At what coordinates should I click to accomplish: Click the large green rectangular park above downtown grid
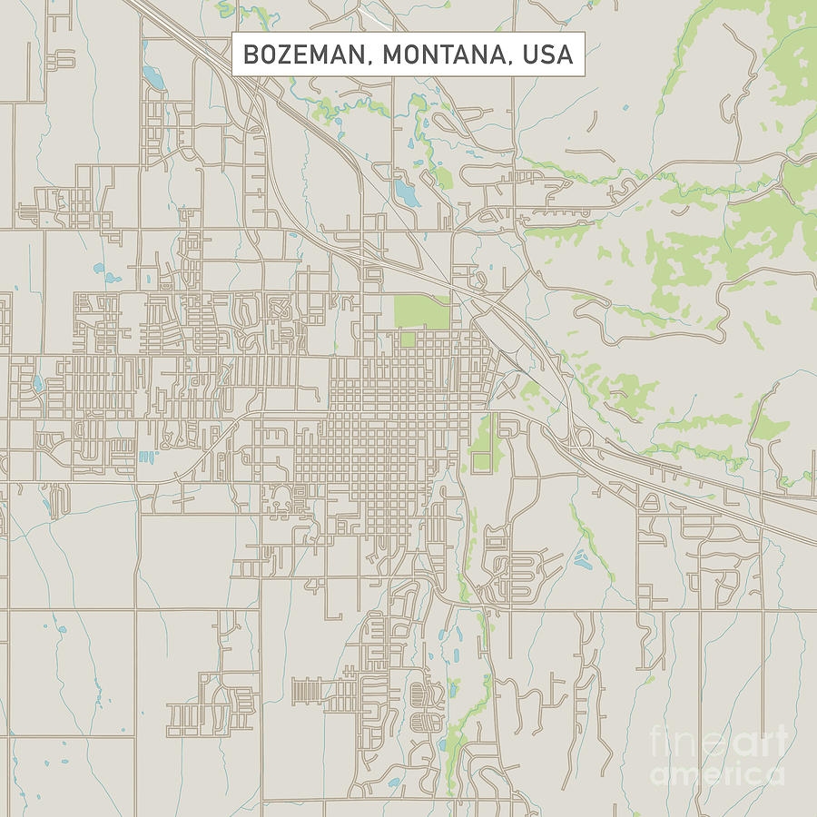421,312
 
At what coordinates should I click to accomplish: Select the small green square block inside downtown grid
408,340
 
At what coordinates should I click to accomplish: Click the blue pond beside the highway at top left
153,79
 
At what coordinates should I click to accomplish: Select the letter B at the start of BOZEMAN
251,54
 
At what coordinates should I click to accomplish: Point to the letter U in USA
530,54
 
